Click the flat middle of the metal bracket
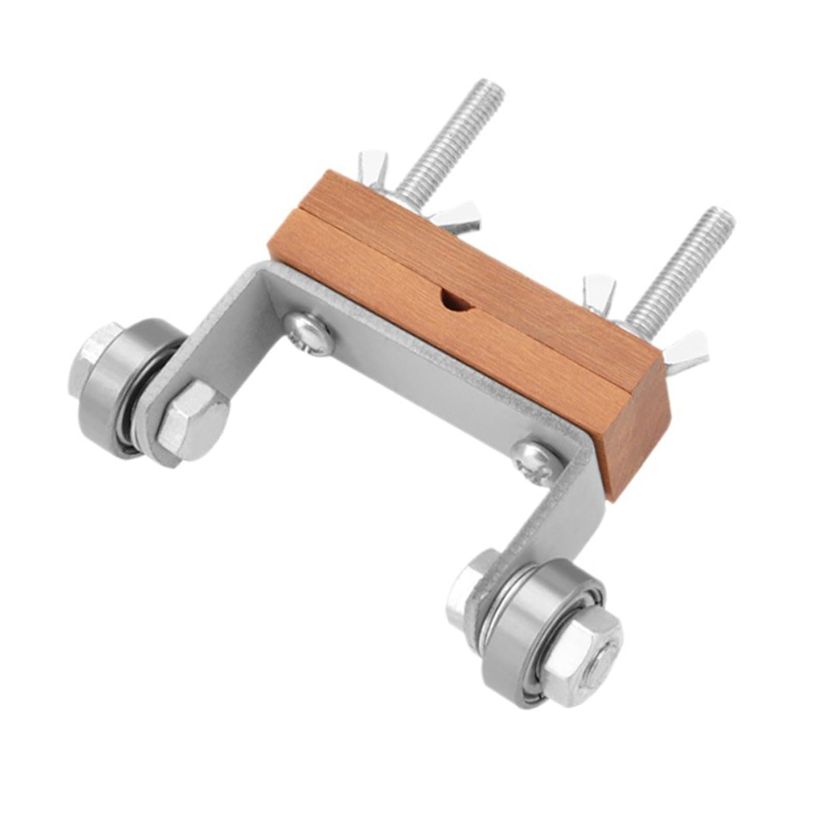411,380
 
